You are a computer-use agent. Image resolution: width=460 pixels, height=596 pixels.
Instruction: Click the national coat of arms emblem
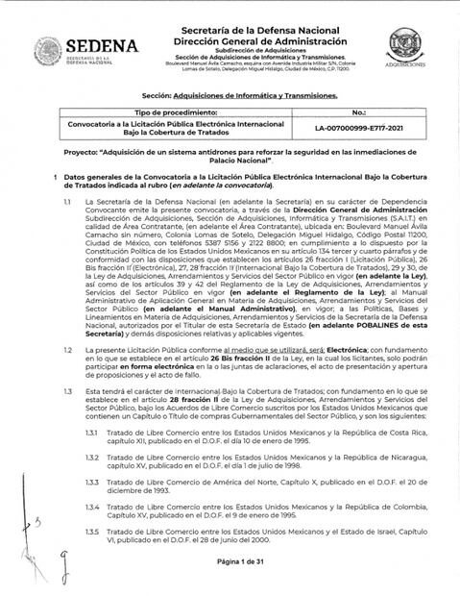click(x=48, y=49)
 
